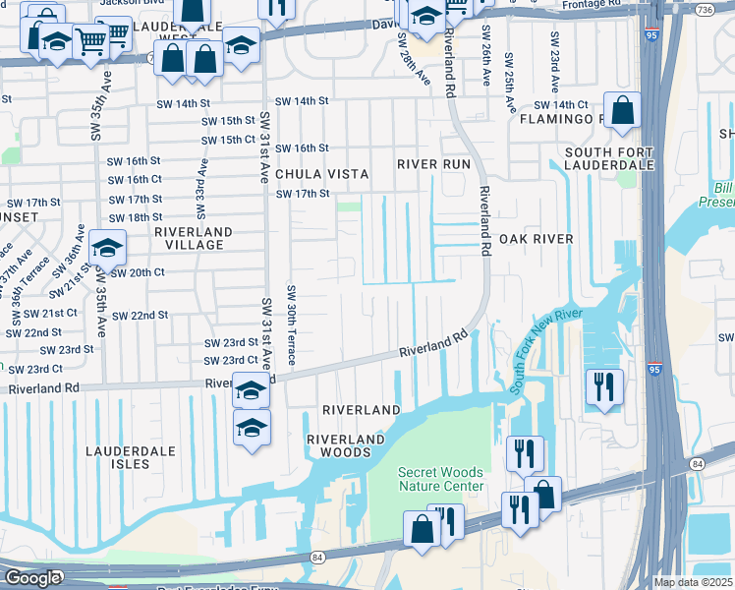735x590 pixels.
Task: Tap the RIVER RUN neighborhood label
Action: (433, 164)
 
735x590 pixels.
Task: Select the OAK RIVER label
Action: (536, 239)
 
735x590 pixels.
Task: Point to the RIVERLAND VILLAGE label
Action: (194, 239)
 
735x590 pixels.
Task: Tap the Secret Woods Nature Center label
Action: (440, 479)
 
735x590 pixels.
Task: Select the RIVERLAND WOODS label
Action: (339, 445)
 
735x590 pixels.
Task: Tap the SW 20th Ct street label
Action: (137, 272)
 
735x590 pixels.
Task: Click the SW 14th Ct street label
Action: (560, 105)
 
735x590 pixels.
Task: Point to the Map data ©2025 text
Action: (692, 582)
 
